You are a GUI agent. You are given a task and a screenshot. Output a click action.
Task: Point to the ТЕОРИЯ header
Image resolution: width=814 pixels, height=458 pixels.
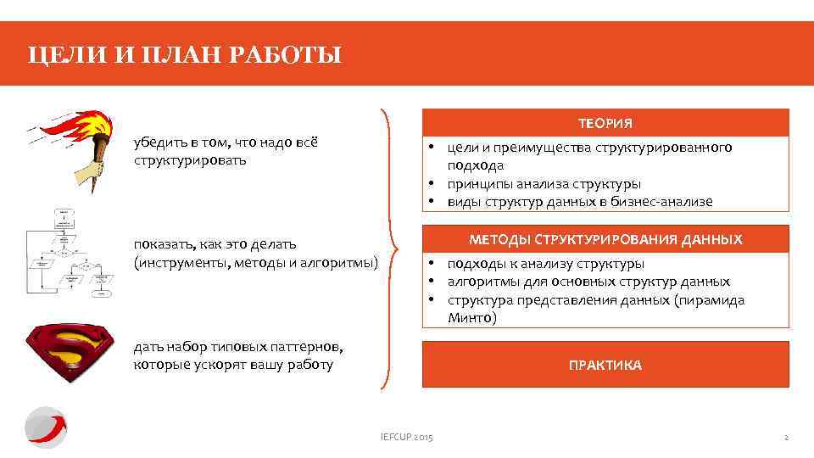pos(605,124)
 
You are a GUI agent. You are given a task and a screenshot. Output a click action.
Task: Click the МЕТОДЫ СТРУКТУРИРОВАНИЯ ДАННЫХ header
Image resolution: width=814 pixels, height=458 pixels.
pos(605,240)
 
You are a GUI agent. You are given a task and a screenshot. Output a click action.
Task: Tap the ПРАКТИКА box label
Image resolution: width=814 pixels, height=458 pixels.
pos(605,366)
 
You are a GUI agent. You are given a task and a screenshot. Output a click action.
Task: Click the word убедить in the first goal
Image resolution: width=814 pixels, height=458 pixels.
pos(158,142)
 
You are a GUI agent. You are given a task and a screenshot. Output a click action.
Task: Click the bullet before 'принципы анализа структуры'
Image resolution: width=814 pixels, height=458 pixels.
pos(432,184)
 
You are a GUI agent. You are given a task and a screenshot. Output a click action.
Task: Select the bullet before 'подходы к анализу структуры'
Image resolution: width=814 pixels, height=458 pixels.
pos(432,264)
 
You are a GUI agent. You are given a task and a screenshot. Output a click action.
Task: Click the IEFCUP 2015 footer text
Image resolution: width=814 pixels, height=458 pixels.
pos(406,437)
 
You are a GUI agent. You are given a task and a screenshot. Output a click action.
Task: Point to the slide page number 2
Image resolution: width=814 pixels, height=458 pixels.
pos(786,437)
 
